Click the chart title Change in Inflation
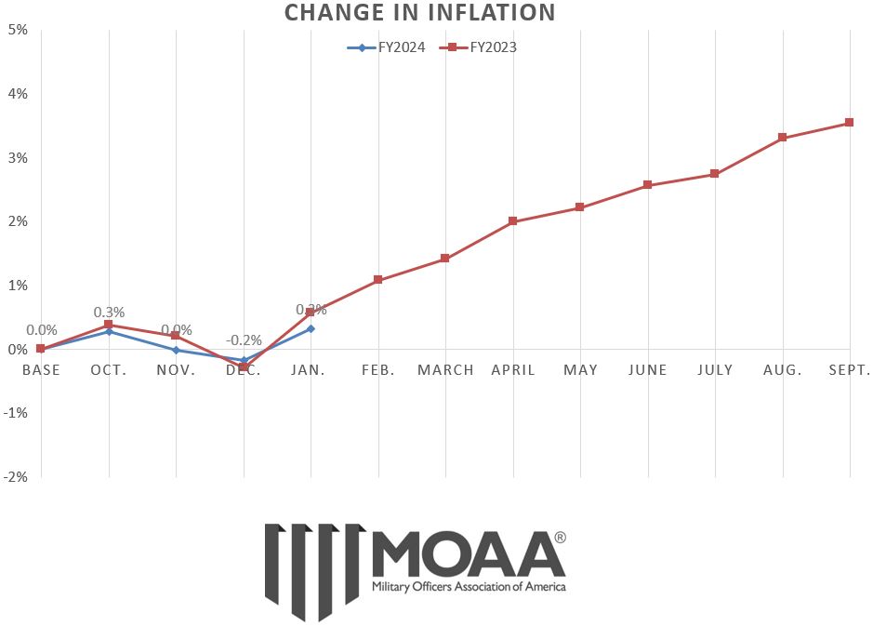pyautogui.click(x=419, y=13)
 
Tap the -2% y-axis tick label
pyautogui.click(x=16, y=476)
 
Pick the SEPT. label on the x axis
pyautogui.click(x=848, y=370)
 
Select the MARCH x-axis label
pyautogui.click(x=445, y=370)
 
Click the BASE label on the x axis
pyautogui.click(x=41, y=370)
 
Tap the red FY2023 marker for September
pyautogui.click(x=850, y=123)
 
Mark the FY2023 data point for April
pyautogui.click(x=512, y=221)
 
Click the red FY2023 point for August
pyautogui.click(x=782, y=138)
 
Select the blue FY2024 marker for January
pyautogui.click(x=311, y=328)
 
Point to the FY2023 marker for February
pyautogui.click(x=377, y=279)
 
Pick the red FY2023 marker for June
pyautogui.click(x=647, y=185)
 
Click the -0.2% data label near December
pyautogui.click(x=244, y=340)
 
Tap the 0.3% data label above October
pyautogui.click(x=109, y=313)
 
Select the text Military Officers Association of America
pyautogui.click(x=468, y=587)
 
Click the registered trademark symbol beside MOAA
pyautogui.click(x=560, y=538)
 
